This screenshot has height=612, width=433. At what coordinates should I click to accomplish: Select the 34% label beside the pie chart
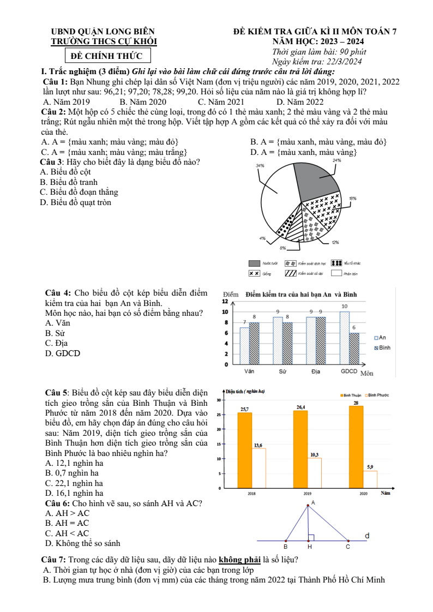(260, 165)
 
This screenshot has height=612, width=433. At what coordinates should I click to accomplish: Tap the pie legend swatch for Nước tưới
(254, 263)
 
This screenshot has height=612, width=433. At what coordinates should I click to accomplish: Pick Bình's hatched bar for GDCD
(354, 348)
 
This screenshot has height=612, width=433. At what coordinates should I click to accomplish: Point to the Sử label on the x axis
(282, 371)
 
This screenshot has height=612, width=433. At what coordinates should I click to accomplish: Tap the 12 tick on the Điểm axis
(225, 301)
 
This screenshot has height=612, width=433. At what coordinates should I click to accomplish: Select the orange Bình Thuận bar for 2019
(300, 449)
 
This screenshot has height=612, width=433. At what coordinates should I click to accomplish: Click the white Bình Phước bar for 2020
(370, 479)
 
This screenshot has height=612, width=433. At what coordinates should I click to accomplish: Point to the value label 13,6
(258, 446)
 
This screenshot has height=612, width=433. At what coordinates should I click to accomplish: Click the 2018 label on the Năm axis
(251, 493)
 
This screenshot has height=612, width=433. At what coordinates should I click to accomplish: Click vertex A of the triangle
(308, 505)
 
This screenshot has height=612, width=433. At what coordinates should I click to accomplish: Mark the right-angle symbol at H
(311, 537)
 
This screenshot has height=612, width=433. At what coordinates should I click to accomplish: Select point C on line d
(348, 541)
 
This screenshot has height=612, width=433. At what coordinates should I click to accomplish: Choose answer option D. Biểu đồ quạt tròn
(76, 203)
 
